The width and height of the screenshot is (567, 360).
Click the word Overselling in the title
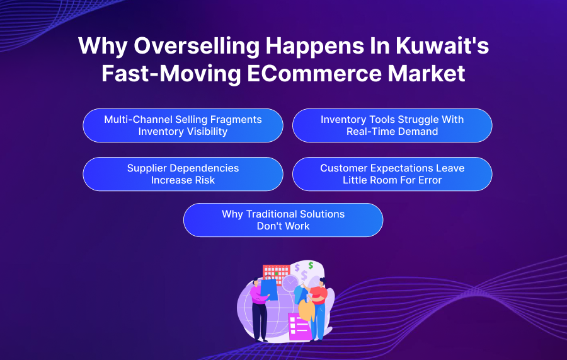click(197, 46)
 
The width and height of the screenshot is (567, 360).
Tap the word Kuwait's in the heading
click(442, 45)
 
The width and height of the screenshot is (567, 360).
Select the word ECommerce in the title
click(314, 73)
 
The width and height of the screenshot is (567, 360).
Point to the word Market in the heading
click(427, 73)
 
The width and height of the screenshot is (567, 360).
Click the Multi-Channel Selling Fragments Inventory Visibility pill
click(183, 125)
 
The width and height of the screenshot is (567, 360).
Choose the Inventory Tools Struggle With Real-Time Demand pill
click(392, 125)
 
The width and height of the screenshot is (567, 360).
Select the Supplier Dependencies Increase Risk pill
click(183, 174)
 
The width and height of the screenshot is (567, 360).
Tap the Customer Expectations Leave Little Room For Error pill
click(392, 174)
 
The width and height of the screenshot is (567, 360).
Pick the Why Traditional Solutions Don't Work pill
click(283, 220)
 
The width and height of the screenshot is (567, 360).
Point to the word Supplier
click(147, 168)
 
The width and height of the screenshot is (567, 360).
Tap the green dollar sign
click(311, 265)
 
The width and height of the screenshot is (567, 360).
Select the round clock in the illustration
click(290, 283)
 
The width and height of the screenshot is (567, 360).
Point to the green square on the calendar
click(277, 274)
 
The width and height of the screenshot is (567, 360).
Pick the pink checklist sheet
click(299, 327)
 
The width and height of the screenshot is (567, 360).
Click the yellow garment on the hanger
click(307, 310)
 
